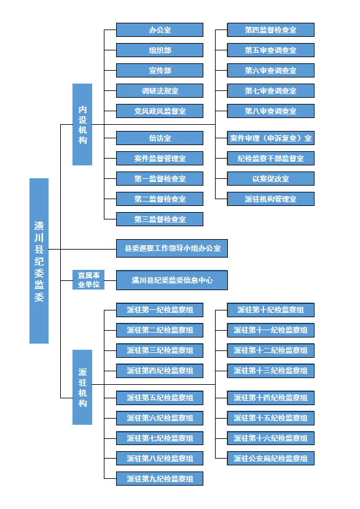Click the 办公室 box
(x=160, y=30)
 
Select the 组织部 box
(x=160, y=50)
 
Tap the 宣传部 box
(x=160, y=71)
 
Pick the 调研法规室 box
(x=160, y=91)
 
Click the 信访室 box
(x=160, y=138)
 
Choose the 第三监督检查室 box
(x=160, y=219)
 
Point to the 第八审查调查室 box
(x=271, y=111)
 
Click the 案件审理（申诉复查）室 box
(x=271, y=138)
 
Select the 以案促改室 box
(x=271, y=178)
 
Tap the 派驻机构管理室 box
(x=271, y=199)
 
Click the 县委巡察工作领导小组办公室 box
(x=172, y=248)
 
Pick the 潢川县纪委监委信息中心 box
(x=172, y=280)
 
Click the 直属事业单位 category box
(x=88, y=280)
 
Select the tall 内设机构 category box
(x=82, y=124)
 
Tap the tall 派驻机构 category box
(x=82, y=387)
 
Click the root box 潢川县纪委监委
(x=39, y=261)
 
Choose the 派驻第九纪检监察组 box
(x=160, y=478)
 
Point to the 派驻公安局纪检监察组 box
(x=271, y=459)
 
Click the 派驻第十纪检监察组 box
(x=271, y=310)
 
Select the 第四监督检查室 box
(x=271, y=30)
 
